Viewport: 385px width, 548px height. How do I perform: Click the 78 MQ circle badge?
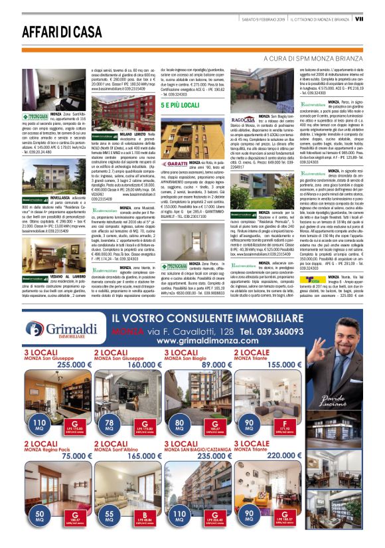[x=110, y=423]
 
